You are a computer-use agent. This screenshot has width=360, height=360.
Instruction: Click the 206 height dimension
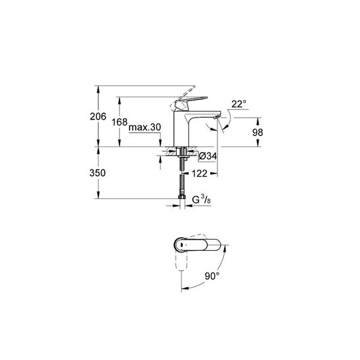(98, 117)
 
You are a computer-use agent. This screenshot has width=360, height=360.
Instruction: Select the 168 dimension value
(120, 122)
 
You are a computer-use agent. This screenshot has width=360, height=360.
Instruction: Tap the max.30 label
(145, 127)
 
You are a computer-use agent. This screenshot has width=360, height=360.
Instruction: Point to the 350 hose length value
(98, 173)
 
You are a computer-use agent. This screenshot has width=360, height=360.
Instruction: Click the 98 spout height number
(258, 133)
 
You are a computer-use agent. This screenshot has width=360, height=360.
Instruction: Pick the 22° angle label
(238, 104)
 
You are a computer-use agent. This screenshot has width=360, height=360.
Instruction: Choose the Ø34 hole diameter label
(208, 156)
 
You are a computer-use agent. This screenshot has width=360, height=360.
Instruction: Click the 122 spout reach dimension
(200, 173)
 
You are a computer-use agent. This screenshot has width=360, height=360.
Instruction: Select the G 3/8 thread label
(202, 199)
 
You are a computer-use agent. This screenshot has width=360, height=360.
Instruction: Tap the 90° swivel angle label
(212, 276)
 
